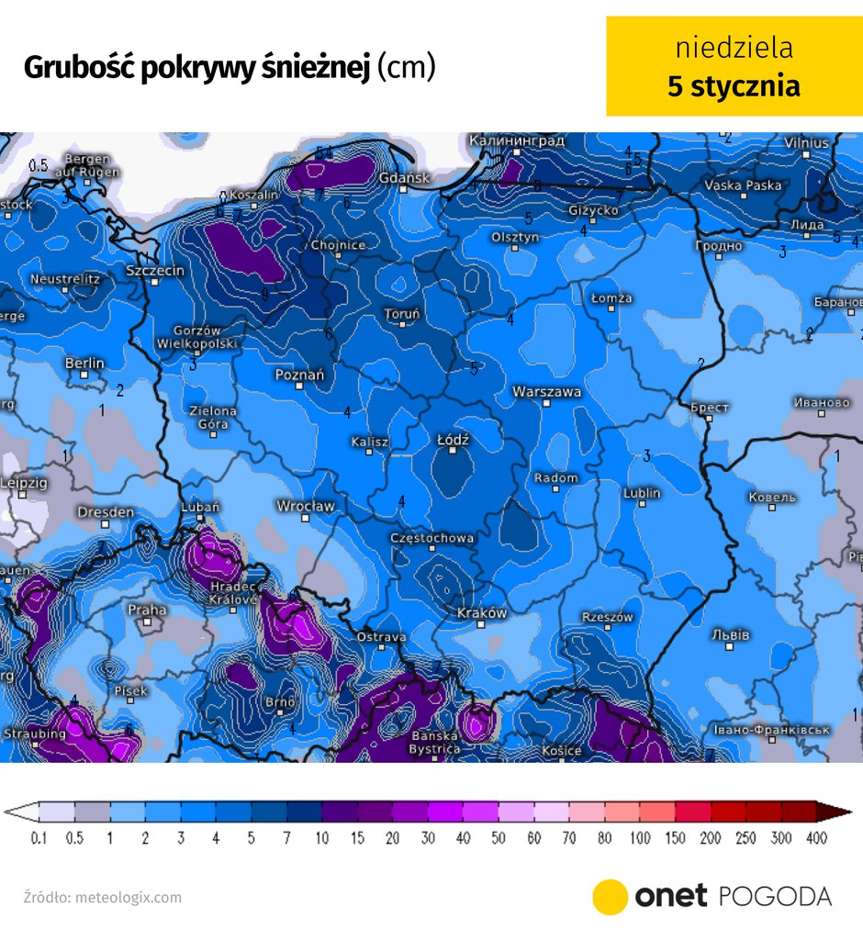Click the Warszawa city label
coord(546,392)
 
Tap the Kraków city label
coord(482,613)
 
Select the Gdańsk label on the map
coord(404,177)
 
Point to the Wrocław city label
coord(306,506)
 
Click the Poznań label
coord(299,375)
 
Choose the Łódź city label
coord(453,441)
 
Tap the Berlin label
coord(84,364)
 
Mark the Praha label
coord(147,610)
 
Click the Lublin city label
coord(642,493)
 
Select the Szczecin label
coord(155,271)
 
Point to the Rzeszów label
coord(608,618)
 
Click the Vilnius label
coord(806,143)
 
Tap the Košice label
coord(561,751)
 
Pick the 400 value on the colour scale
coord(815,838)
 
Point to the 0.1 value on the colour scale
coord(39,838)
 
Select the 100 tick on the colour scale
coord(641,838)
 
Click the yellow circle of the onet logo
coord(610,897)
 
